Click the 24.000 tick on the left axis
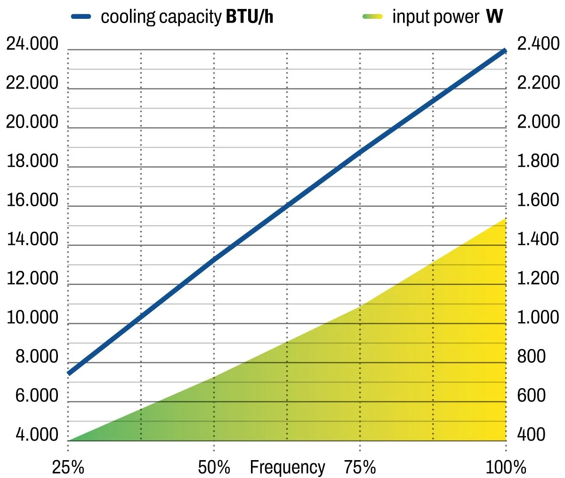click(32, 44)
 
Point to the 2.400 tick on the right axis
click(538, 44)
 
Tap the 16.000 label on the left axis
click(32, 201)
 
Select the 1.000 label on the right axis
click(538, 318)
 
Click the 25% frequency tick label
click(68, 468)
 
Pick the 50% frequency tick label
click(214, 468)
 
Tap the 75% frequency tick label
click(360, 468)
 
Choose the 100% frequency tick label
click(506, 468)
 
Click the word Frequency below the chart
click(287, 468)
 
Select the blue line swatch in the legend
click(81, 16)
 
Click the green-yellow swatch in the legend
click(372, 16)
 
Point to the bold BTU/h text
click(250, 17)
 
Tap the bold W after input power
click(494, 17)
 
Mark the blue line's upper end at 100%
click(505, 50)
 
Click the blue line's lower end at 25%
click(69, 373)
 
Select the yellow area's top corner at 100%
click(505, 219)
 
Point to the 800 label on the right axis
click(531, 356)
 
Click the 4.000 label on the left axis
click(37, 435)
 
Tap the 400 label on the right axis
click(531, 435)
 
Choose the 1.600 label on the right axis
click(538, 201)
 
